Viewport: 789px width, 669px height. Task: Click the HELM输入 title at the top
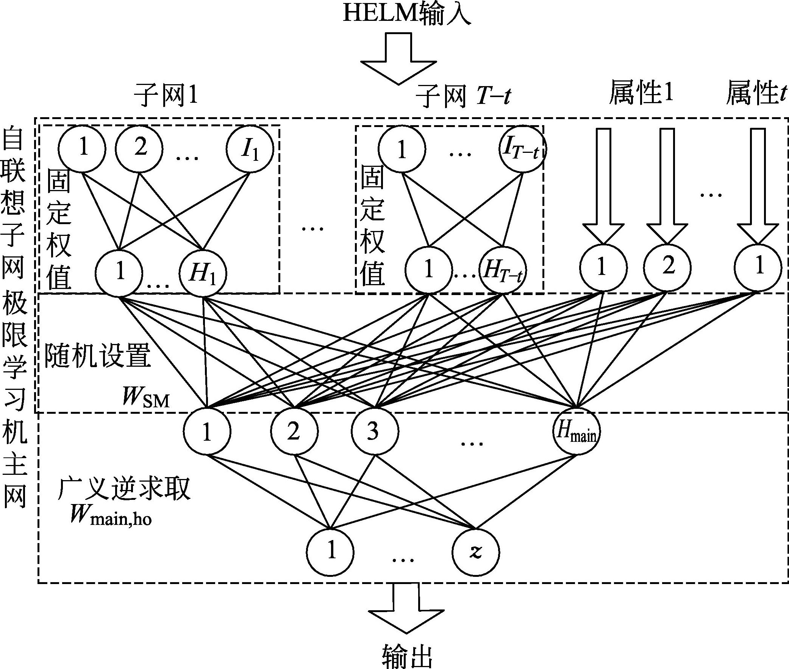tap(407, 14)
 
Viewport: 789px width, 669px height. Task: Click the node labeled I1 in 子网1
tap(250, 149)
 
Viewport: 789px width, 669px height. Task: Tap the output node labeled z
tap(476, 552)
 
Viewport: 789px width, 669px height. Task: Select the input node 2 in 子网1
tap(139, 149)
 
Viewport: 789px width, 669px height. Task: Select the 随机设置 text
tap(98, 356)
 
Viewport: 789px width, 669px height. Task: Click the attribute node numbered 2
tap(668, 268)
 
